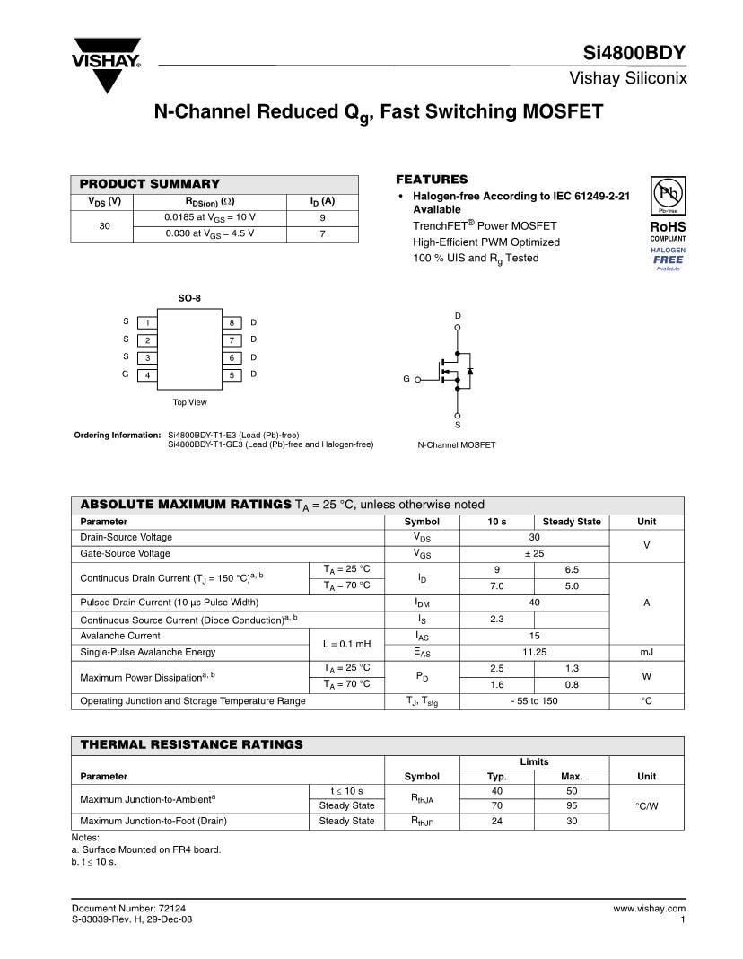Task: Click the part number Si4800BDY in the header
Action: [x=640, y=53]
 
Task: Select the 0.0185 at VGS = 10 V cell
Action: [x=209, y=217]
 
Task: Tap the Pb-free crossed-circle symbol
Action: [x=667, y=193]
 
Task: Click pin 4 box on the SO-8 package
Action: [x=147, y=374]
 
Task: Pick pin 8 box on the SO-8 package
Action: [x=232, y=322]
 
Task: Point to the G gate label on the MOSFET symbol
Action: [x=406, y=379]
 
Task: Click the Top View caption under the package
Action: [x=189, y=402]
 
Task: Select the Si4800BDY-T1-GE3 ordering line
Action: [x=270, y=444]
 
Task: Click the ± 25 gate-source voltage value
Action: [x=534, y=553]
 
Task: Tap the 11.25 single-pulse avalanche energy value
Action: [x=534, y=652]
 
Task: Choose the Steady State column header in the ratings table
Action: [x=571, y=522]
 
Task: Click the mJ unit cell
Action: [x=646, y=652]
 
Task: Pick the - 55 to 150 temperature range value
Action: [x=534, y=700]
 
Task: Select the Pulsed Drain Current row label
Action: [x=169, y=603]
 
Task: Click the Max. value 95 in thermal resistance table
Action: [x=571, y=805]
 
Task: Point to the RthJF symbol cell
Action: [x=422, y=822]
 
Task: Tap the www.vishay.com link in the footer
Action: [x=649, y=909]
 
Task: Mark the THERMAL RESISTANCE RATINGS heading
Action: [x=192, y=744]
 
